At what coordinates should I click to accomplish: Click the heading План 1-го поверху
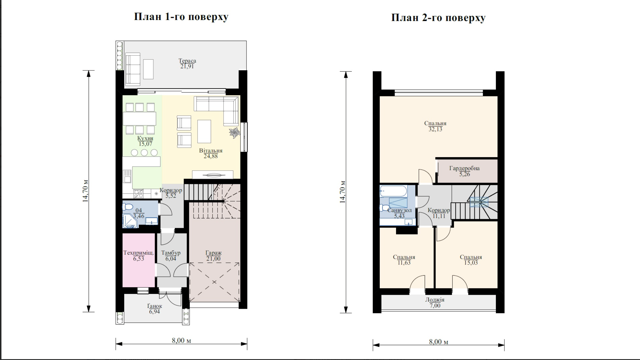point(181,17)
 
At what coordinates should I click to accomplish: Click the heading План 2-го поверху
point(438,18)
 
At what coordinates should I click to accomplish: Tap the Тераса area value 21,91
point(187,66)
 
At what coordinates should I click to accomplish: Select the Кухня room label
point(145,138)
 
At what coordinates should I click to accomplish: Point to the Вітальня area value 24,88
point(210,156)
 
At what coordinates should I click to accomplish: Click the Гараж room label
point(213,253)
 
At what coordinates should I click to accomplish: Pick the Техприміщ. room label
point(139,253)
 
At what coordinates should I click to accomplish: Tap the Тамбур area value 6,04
point(171,259)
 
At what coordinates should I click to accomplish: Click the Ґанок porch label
point(154,306)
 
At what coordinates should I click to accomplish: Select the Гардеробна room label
point(464,168)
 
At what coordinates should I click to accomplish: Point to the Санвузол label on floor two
point(399,210)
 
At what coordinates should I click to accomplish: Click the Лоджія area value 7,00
point(435,306)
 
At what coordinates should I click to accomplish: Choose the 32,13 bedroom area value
point(435,129)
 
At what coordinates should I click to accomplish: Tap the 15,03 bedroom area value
point(471,263)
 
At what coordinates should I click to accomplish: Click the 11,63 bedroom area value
point(404,263)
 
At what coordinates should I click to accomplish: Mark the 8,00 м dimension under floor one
point(181,341)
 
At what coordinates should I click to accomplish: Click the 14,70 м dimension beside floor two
point(342,192)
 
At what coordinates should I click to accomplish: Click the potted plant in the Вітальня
point(234,133)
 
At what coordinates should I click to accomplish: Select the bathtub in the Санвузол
point(393,191)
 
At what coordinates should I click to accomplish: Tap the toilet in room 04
point(128,207)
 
